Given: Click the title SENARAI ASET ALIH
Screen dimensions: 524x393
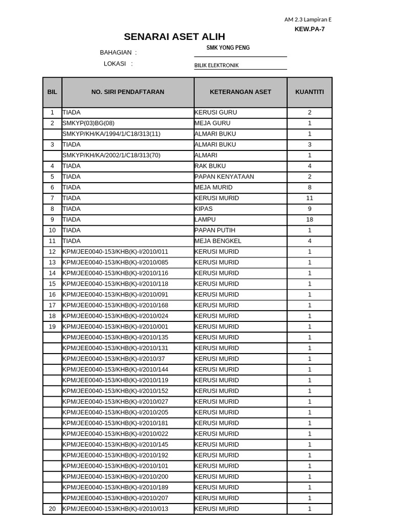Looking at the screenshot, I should [x=174, y=37].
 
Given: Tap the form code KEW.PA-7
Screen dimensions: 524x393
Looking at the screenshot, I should [x=309, y=29].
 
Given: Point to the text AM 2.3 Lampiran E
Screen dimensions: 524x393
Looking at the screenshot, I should [x=308, y=20].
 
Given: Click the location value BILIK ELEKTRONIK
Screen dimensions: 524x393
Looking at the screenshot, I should [x=216, y=65].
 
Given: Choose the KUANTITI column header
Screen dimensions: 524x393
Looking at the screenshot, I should [x=309, y=92].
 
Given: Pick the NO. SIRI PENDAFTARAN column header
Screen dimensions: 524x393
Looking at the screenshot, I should [x=127, y=92].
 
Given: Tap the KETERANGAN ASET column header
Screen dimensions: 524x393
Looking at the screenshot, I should [x=240, y=92].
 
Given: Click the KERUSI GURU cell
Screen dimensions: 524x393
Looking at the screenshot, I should [x=216, y=113].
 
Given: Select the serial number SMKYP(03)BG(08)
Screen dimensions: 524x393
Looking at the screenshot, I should [x=89, y=123].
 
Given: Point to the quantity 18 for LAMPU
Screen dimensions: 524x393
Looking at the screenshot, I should [x=309, y=220].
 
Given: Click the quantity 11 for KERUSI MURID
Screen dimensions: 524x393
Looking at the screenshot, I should [x=309, y=198].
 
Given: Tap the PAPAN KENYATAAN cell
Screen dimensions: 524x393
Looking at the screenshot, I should [x=224, y=177].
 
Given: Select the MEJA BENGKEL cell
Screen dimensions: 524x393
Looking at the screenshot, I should [x=218, y=241].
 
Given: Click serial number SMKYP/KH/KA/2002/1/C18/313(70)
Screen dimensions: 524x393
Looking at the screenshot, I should [x=111, y=155].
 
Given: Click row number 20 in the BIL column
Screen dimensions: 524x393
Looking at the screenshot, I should [x=52, y=509].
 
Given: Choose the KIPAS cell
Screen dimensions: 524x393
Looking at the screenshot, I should [x=204, y=209].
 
